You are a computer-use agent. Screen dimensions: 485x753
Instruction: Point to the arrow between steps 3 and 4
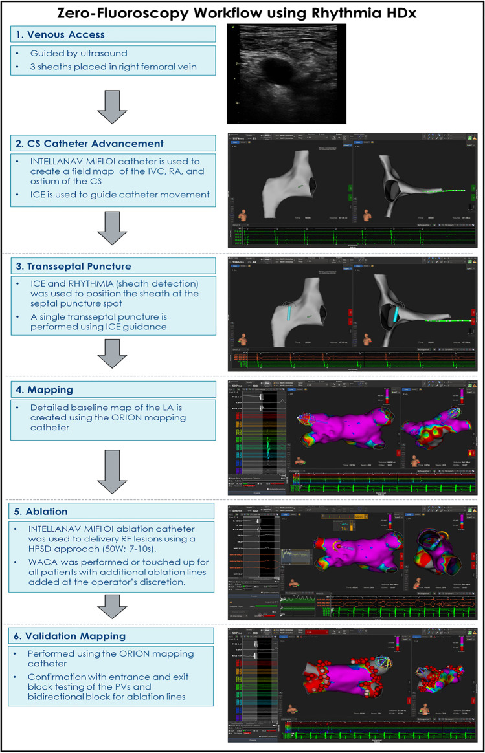click(111, 353)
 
